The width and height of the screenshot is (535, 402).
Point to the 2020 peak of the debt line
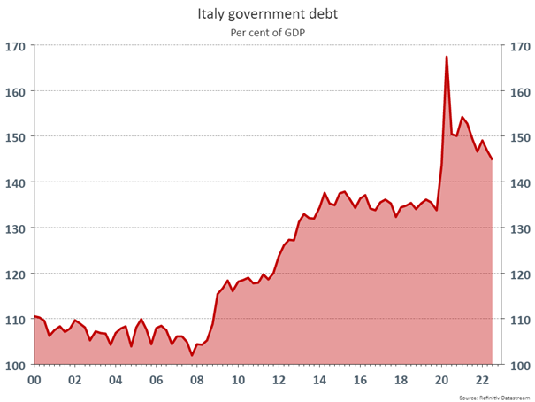447,57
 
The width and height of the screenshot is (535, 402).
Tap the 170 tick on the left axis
15,46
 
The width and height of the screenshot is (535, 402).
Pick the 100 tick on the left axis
15,365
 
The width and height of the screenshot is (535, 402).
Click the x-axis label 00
34,380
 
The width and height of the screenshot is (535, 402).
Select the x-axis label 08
197,380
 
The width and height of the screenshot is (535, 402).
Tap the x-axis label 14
319,380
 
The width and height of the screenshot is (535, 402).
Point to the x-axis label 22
482,380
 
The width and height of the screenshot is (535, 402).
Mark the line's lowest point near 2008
192,355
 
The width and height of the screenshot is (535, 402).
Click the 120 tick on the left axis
15,274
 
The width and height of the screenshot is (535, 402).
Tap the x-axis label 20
441,380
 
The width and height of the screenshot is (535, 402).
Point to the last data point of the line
492,159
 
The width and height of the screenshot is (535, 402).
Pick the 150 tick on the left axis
15,137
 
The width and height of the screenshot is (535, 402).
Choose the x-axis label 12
279,380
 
